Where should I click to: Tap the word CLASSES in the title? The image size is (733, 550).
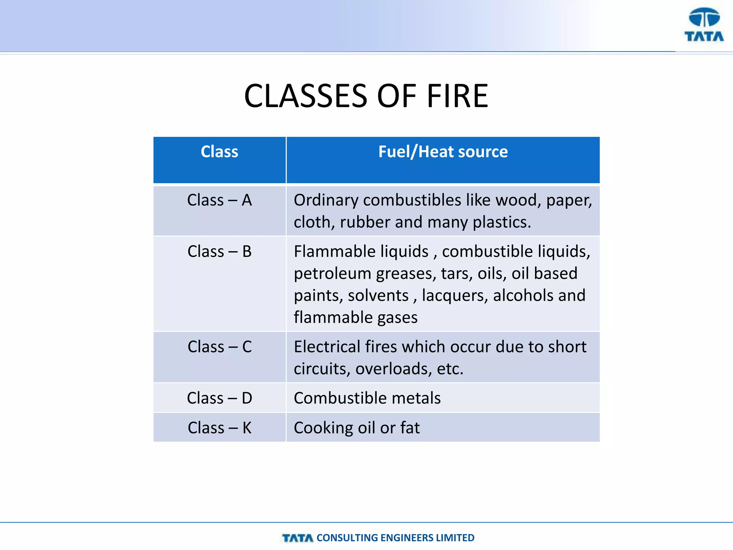pyautogui.click(x=305, y=96)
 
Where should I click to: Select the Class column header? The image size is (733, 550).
pyautogui.click(x=219, y=152)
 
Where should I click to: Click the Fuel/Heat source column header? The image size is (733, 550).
pyautogui.click(x=443, y=152)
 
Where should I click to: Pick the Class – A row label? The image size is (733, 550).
pyautogui.click(x=219, y=200)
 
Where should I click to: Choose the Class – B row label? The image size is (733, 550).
pyautogui.click(x=219, y=252)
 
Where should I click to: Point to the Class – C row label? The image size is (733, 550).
pyautogui.click(x=219, y=347)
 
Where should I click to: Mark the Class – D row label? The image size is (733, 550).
pyautogui.click(x=219, y=398)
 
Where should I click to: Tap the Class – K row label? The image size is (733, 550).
pyautogui.click(x=219, y=428)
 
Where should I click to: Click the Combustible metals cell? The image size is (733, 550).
pyautogui.click(x=367, y=398)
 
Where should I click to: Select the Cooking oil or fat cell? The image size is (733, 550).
pyautogui.click(x=356, y=428)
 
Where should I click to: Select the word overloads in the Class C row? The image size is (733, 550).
pyautogui.click(x=393, y=369)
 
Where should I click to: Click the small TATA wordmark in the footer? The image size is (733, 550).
pyautogui.click(x=297, y=538)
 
